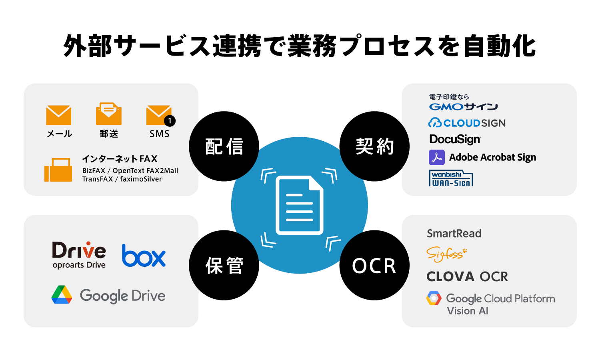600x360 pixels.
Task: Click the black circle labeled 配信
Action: pyautogui.click(x=224, y=146)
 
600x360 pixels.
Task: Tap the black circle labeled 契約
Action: pyautogui.click(x=374, y=146)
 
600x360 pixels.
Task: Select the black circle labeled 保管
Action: pyautogui.click(x=224, y=265)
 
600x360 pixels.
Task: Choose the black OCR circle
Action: pyautogui.click(x=374, y=265)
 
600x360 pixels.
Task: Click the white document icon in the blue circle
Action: pyautogui.click(x=300, y=205)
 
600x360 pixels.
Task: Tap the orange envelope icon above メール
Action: pyautogui.click(x=59, y=115)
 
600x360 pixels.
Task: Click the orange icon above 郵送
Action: pyautogui.click(x=108, y=114)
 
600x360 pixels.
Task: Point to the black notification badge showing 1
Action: pyautogui.click(x=170, y=121)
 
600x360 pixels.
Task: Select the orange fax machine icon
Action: pyautogui.click(x=58, y=170)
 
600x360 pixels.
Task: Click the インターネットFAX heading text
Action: pyautogui.click(x=120, y=159)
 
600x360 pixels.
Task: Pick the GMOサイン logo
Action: pyautogui.click(x=463, y=106)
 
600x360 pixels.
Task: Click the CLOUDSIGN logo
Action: pyautogui.click(x=467, y=123)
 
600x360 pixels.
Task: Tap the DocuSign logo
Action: pyautogui.click(x=455, y=139)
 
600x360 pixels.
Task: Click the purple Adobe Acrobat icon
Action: pyautogui.click(x=436, y=158)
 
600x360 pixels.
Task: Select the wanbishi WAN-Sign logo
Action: pyautogui.click(x=451, y=178)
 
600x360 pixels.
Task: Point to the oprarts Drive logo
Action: pyautogui.click(x=79, y=255)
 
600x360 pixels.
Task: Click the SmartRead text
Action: pyautogui.click(x=454, y=234)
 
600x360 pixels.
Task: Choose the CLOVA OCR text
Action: pyautogui.click(x=467, y=276)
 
